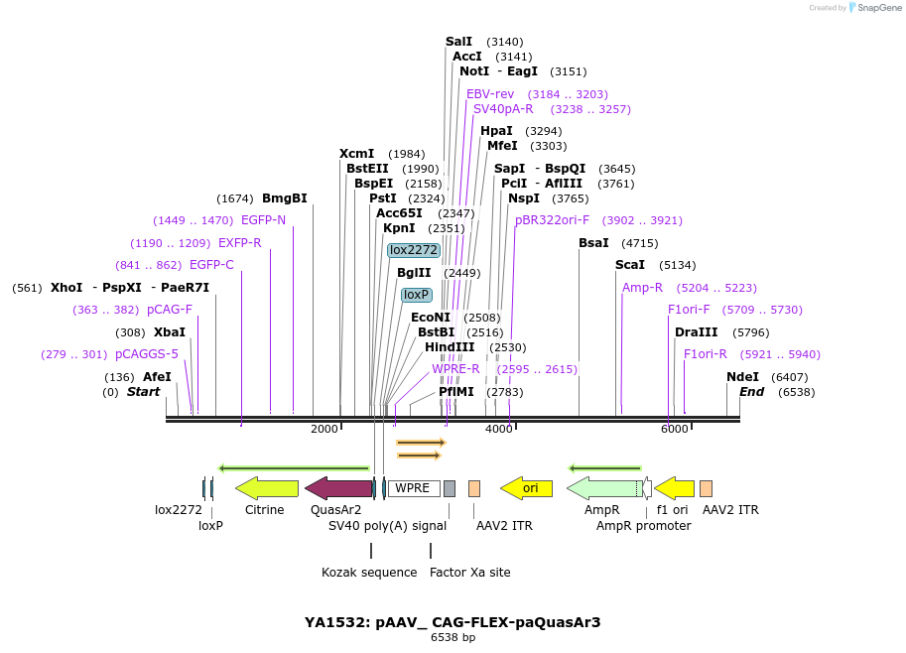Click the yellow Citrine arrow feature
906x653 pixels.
tap(267, 488)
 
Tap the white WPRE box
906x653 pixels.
tap(413, 488)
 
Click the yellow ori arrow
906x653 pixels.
tap(527, 488)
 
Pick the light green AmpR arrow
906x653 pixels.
tap(604, 488)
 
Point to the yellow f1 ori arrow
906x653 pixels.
tap(675, 488)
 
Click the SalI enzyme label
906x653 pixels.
tap(458, 42)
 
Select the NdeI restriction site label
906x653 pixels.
tap(742, 377)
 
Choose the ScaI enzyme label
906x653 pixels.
tap(629, 265)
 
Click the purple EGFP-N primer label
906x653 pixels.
tap(263, 220)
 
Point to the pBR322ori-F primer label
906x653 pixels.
tap(552, 220)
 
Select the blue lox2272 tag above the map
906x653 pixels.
tap(413, 250)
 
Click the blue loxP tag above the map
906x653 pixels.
tap(416, 295)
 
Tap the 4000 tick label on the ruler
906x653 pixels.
tap(499, 429)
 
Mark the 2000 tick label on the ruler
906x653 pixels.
tap(324, 429)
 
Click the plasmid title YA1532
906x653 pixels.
tap(453, 622)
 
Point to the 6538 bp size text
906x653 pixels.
tap(453, 638)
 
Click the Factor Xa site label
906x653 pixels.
tap(469, 573)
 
